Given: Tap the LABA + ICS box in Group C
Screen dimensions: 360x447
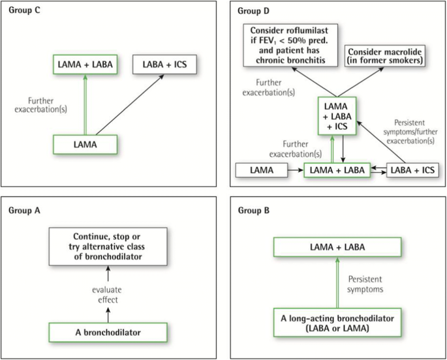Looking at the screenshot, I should [163, 65].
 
